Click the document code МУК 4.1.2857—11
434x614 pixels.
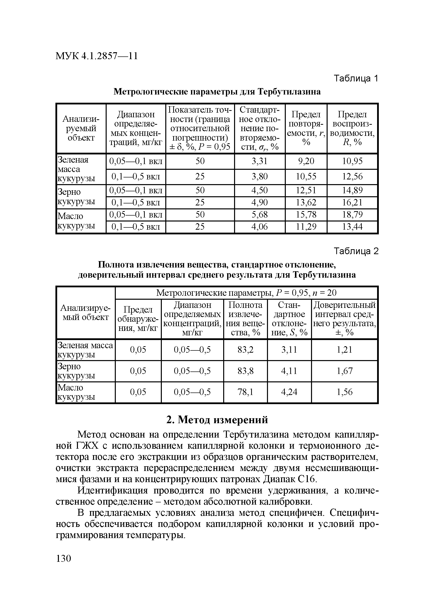[96, 56]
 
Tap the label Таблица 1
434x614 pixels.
[356, 79]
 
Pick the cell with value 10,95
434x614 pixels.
[352, 161]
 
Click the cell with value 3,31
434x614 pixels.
[259, 161]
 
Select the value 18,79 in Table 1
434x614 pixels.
[352, 215]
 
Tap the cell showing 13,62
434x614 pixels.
[306, 202]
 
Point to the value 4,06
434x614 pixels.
[259, 227]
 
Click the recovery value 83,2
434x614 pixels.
[245, 350]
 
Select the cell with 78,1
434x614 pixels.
[245, 392]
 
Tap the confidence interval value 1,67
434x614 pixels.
[344, 371]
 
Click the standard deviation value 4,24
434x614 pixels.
[289, 392]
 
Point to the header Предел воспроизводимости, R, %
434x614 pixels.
[352, 128]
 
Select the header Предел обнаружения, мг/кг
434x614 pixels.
[138, 319]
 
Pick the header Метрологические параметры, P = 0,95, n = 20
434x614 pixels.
[246, 293]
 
